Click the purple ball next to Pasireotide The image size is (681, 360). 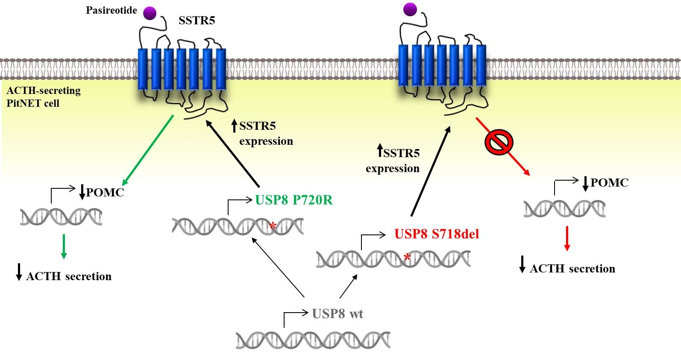click(150, 13)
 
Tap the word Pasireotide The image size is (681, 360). click(111, 10)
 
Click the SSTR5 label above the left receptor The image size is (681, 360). click(197, 20)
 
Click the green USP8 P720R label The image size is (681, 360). click(294, 200)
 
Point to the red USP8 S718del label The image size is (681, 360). click(436, 234)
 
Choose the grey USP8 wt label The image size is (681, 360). click(338, 314)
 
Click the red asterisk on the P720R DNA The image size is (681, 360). click(273, 226)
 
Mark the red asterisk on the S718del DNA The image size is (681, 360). click(407, 258)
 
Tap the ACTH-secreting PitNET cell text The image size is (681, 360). click(43, 97)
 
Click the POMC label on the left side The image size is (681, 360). click(105, 193)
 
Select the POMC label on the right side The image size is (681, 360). click(609, 183)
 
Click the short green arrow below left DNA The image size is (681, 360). click(64, 246)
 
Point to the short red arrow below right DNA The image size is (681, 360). click(567, 238)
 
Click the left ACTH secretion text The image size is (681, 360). click(68, 276)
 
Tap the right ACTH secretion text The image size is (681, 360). click(572, 269)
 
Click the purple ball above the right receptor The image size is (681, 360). click(410, 9)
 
